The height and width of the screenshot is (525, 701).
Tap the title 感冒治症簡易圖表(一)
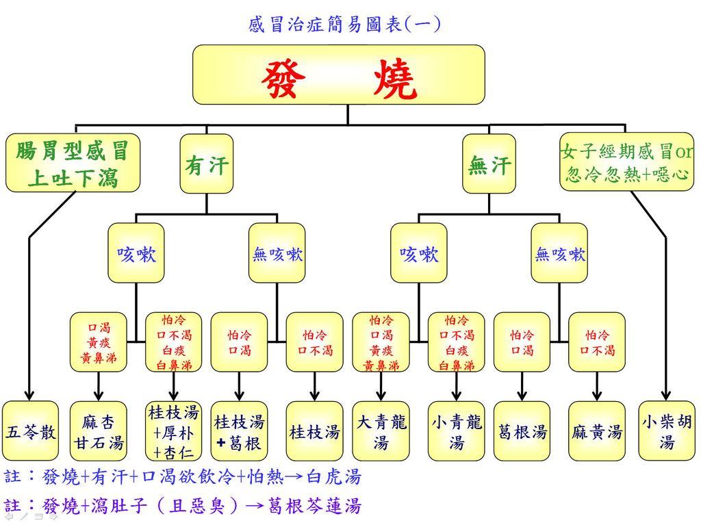tap(344, 25)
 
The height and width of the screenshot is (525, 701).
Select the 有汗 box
tap(207, 164)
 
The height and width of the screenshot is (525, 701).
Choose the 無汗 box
tap(489, 164)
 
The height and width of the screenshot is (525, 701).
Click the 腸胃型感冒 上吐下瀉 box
tap(73, 163)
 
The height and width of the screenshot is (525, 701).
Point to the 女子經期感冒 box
tap(626, 162)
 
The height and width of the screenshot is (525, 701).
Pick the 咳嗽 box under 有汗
tap(136, 253)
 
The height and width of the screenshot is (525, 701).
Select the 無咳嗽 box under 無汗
tap(559, 253)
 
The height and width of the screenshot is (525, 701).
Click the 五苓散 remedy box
tap(30, 431)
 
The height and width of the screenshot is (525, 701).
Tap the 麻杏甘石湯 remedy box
tap(99, 431)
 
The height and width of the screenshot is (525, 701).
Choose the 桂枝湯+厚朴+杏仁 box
tap(174, 431)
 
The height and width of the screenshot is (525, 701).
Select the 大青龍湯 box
tap(381, 431)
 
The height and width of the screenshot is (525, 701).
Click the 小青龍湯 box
tap(456, 431)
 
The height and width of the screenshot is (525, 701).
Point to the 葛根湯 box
tap(522, 431)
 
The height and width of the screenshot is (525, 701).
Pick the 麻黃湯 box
tap(597, 431)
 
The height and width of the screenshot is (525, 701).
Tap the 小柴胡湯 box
tap(666, 431)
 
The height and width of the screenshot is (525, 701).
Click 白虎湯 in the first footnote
tap(333, 476)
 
